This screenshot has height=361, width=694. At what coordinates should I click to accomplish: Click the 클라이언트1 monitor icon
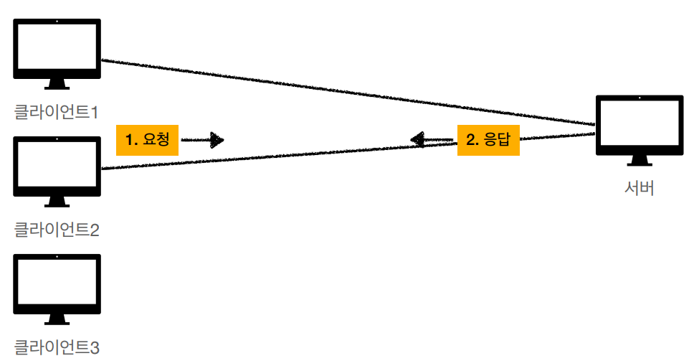[57, 50]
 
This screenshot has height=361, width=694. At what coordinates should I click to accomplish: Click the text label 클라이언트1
[56, 112]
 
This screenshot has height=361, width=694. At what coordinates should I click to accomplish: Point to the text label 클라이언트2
[56, 230]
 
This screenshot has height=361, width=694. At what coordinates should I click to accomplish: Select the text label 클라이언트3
[56, 347]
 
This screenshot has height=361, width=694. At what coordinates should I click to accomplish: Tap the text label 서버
[639, 189]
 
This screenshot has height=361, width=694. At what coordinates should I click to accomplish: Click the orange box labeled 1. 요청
[147, 140]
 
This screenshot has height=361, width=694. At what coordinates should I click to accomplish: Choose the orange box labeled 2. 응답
[488, 140]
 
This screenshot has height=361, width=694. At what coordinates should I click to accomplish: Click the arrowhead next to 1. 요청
[216, 140]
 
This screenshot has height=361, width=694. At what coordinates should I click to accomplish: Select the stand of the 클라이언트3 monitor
[57, 319]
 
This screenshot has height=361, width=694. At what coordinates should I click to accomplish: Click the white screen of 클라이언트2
[57, 162]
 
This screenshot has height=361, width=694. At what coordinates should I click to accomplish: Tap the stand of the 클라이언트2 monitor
[57, 202]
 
